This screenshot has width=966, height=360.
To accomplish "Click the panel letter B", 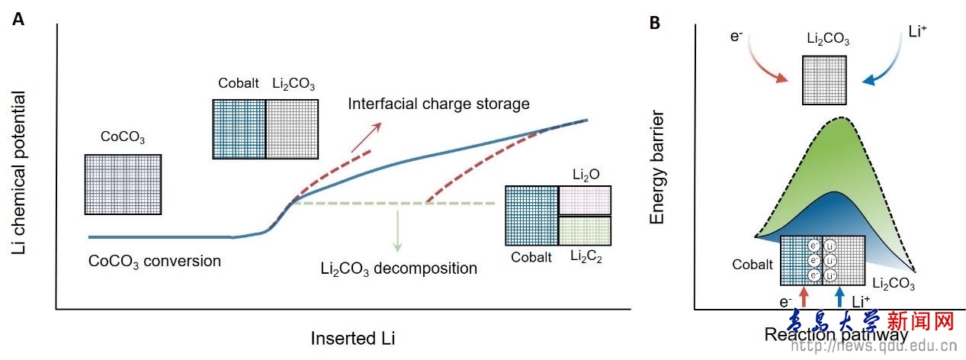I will tap(654, 24).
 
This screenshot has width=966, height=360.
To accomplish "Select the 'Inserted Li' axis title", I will tap(354, 337).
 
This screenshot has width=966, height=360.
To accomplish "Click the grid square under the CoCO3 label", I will tap(123, 184).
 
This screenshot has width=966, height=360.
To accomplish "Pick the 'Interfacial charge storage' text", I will tap(438, 102).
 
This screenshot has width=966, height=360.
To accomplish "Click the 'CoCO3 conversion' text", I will tap(154, 261).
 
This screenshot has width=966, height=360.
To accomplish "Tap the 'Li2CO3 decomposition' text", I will tap(399, 268).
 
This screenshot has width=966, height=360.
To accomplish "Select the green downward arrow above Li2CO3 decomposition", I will tap(397, 230).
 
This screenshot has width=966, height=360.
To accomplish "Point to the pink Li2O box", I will tap(585, 200).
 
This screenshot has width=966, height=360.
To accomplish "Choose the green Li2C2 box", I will tap(585, 230).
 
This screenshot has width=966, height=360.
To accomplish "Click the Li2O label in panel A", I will tap(586, 175).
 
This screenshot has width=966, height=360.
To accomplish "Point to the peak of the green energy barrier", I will tap(841, 119).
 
